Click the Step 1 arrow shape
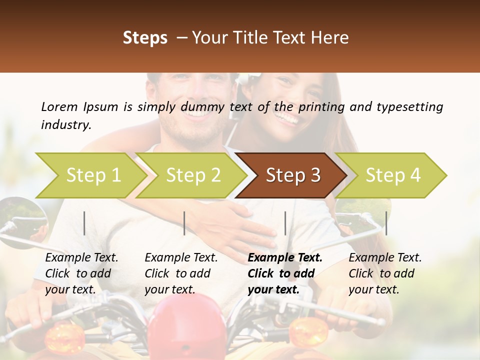tap(90, 175)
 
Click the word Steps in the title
tap(145, 37)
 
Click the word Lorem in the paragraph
tap(59, 106)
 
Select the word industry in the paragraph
tap(65, 124)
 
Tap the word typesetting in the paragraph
tap(409, 106)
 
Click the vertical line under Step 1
tap(84, 223)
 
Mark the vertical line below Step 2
tap(184, 223)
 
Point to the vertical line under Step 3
tap(285, 223)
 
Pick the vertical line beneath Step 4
tap(386, 223)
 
